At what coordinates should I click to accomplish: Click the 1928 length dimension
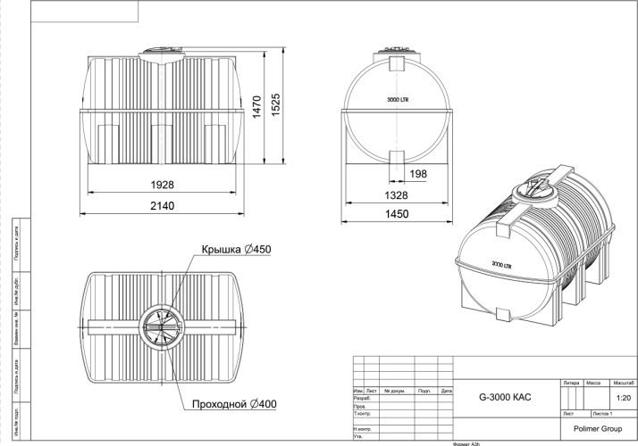(162, 185)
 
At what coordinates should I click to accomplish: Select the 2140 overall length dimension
(162, 206)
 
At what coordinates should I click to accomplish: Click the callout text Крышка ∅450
(236, 250)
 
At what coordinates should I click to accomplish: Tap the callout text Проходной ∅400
(234, 404)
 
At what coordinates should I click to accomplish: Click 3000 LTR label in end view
(399, 101)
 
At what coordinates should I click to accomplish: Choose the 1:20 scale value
(623, 399)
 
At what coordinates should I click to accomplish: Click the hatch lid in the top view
(162, 326)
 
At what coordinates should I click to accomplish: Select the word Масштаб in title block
(623, 382)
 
